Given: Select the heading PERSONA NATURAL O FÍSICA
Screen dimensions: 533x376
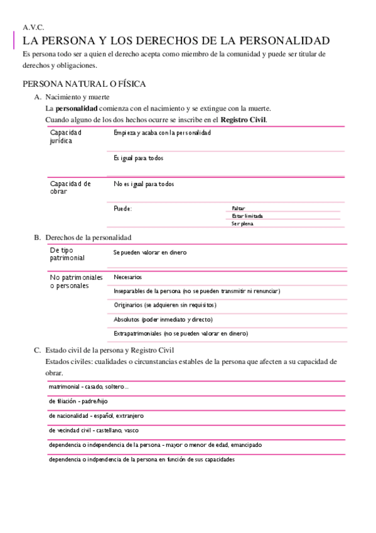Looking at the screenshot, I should (x=85, y=84).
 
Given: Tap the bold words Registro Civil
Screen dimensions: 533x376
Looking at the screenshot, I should (x=243, y=119).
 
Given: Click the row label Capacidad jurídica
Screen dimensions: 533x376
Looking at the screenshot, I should (x=65, y=136).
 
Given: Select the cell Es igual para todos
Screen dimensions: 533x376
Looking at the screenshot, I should (x=139, y=158).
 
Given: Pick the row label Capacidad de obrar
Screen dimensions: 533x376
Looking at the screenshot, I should (x=70, y=187).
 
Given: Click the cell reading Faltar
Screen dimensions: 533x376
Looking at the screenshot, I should (x=238, y=208).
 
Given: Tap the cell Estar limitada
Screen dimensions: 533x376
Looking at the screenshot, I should (x=247, y=216).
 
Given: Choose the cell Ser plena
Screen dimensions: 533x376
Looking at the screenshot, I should (x=242, y=223).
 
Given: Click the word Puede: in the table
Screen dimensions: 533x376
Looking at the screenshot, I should (x=123, y=208).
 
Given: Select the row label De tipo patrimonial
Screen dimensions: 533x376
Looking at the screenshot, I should (x=67, y=254).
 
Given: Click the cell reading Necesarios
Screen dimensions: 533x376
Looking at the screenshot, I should (x=128, y=277).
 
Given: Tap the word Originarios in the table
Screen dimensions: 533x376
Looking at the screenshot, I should (x=128, y=305).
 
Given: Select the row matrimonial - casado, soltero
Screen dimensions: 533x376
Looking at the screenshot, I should (x=89, y=387).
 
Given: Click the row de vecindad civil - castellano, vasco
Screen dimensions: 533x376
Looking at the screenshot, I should (x=94, y=431).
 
